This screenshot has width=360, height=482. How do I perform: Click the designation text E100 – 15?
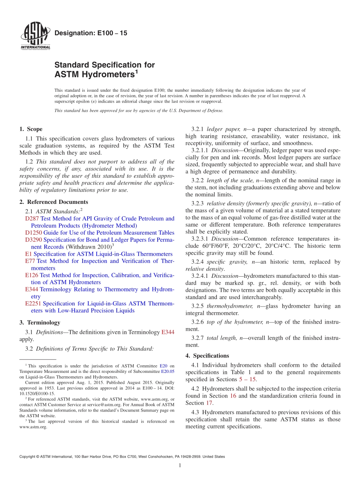pyautogui.click(x=91, y=33)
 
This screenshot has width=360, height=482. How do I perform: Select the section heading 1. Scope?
pyautogui.click(x=31, y=129)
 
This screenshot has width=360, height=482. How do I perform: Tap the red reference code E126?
pyautogui.click(x=31, y=275)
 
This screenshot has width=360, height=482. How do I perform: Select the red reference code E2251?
pyautogui.click(x=33, y=304)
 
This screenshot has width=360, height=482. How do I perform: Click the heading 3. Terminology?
pyautogui.click(x=40, y=322)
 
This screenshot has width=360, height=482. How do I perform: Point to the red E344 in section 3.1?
pyautogui.click(x=168, y=332)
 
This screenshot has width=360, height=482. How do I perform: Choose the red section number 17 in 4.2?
pyautogui.click(x=209, y=403)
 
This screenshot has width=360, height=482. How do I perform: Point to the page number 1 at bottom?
pyautogui.click(x=180, y=466)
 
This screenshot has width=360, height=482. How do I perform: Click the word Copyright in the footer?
pyautogui.click(x=28, y=457)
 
